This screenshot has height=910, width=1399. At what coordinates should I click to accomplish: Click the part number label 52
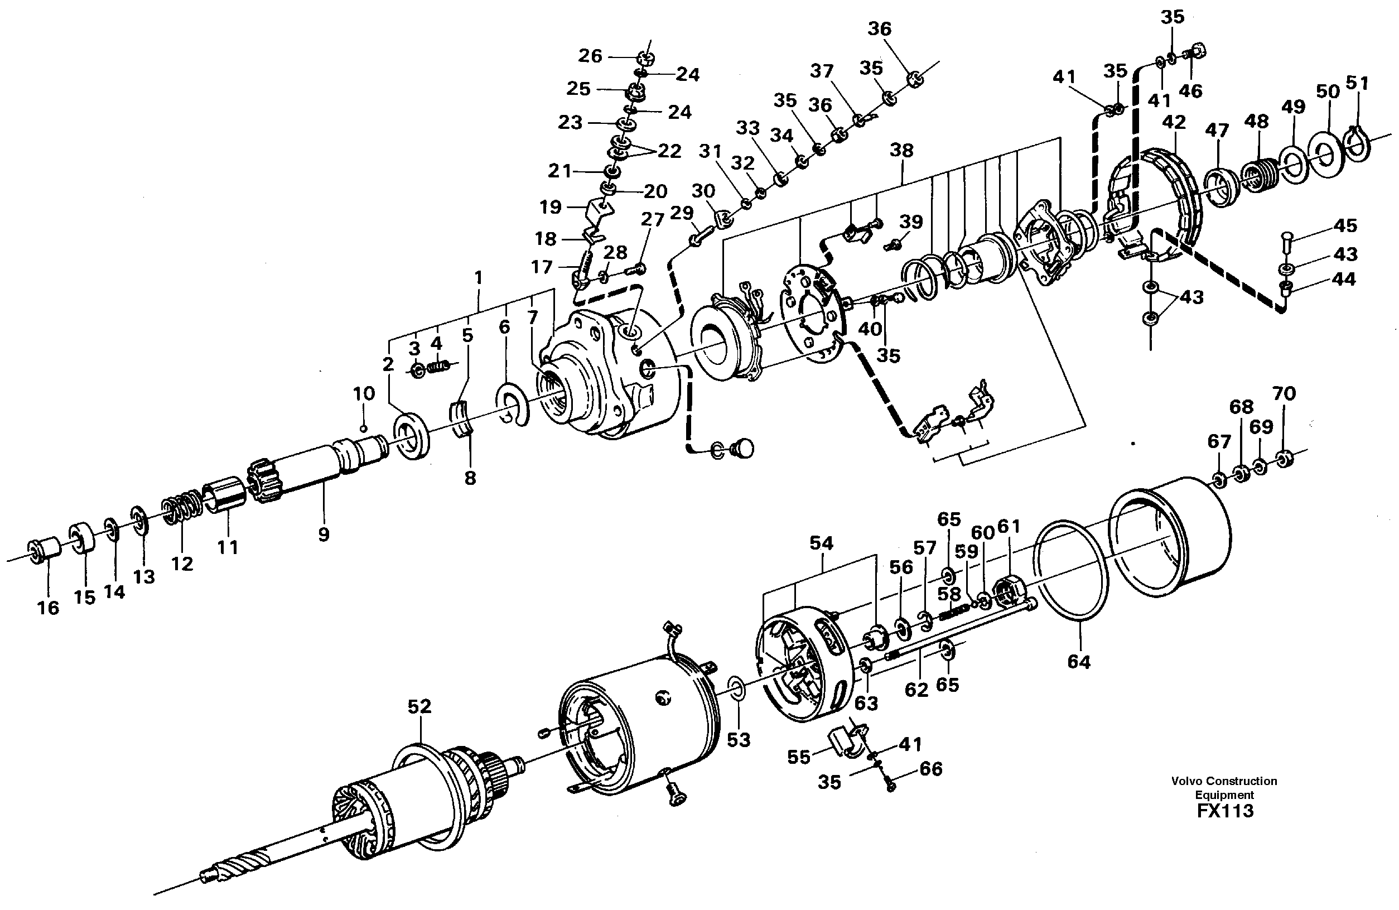point(419,706)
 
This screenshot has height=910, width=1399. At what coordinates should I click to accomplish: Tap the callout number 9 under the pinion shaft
point(324,535)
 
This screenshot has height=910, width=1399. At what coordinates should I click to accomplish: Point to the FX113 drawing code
point(1224,812)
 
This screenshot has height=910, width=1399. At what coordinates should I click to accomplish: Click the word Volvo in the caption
point(1186,781)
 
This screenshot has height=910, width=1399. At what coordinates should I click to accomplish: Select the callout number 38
point(901,151)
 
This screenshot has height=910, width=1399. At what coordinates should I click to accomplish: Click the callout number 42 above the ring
point(1174,122)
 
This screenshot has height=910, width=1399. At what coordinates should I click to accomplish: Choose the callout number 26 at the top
point(590,56)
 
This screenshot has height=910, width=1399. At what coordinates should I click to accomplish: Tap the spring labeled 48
point(1259,175)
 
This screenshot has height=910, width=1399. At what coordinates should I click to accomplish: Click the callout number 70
point(1284,393)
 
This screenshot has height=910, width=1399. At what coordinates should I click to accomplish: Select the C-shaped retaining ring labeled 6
point(514,403)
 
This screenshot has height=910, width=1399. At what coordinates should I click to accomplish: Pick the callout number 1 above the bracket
point(478,277)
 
